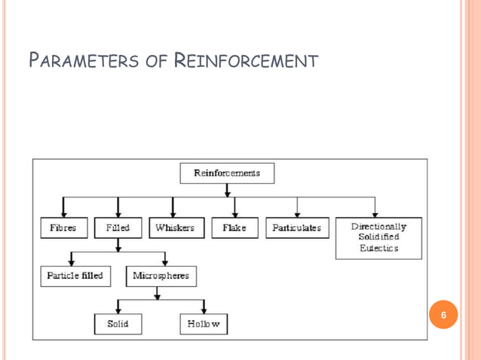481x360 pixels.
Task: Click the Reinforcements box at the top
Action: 227,173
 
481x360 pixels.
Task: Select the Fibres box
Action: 63,227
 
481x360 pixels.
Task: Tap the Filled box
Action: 118,227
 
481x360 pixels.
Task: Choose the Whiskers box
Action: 174,227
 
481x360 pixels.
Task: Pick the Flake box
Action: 234,227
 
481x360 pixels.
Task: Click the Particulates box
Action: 297,227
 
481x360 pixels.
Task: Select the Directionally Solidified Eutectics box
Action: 378,237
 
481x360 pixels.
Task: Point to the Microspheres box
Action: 160,276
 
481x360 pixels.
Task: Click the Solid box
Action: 118,324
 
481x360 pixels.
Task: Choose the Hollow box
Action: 204,324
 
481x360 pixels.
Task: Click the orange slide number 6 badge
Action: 444,314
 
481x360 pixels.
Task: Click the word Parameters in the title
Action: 81,59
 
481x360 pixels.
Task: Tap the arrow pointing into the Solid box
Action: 118,307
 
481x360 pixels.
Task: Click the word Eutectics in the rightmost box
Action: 378,249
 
